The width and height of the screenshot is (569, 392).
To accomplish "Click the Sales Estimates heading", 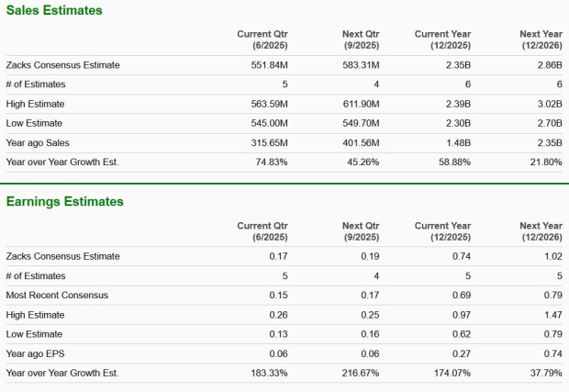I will [x=54, y=10].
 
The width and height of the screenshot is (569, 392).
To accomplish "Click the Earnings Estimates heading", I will [x=64, y=201].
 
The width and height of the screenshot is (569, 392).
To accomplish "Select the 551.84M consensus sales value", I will [x=269, y=65].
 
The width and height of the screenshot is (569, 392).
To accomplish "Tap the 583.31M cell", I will [x=361, y=65].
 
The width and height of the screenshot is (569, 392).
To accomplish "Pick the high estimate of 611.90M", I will [x=361, y=104].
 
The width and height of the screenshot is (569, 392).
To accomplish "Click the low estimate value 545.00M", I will [x=269, y=123].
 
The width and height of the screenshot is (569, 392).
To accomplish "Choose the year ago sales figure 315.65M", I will [x=269, y=142].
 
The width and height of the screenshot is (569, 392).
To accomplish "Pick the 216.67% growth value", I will [x=360, y=373].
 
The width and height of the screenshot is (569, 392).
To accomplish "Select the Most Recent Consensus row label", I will [x=57, y=295].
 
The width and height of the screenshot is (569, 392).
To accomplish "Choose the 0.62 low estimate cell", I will [x=461, y=334].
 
